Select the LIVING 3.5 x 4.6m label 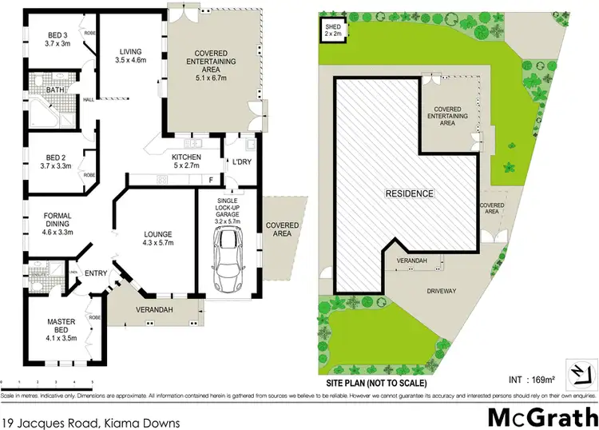point(131,54)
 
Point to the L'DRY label point(241,162)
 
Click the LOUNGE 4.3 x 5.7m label point(158,237)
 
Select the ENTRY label point(96,273)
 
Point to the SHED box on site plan point(332,30)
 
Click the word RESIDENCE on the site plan point(410,193)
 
